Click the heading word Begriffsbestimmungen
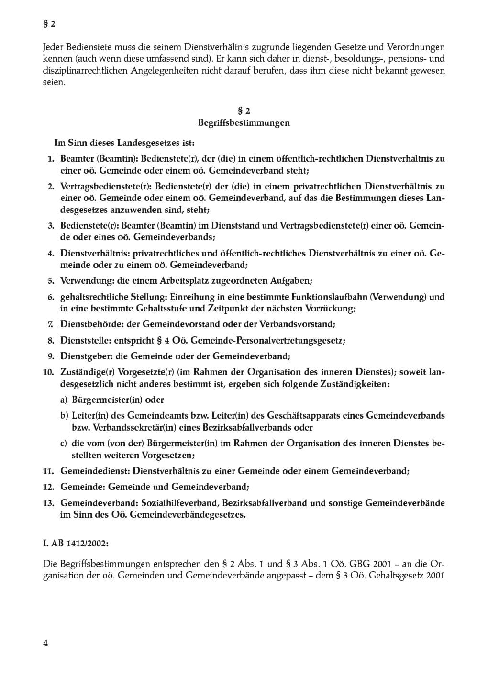pyautogui.click(x=244, y=122)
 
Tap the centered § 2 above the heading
pyautogui.click(x=244, y=111)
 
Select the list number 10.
pyautogui.click(x=48, y=372)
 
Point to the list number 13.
pyautogui.click(x=48, y=503)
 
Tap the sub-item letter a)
pyautogui.click(x=64, y=400)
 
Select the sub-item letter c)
pyautogui.click(x=63, y=444)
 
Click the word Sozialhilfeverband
pyautogui.click(x=182, y=503)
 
